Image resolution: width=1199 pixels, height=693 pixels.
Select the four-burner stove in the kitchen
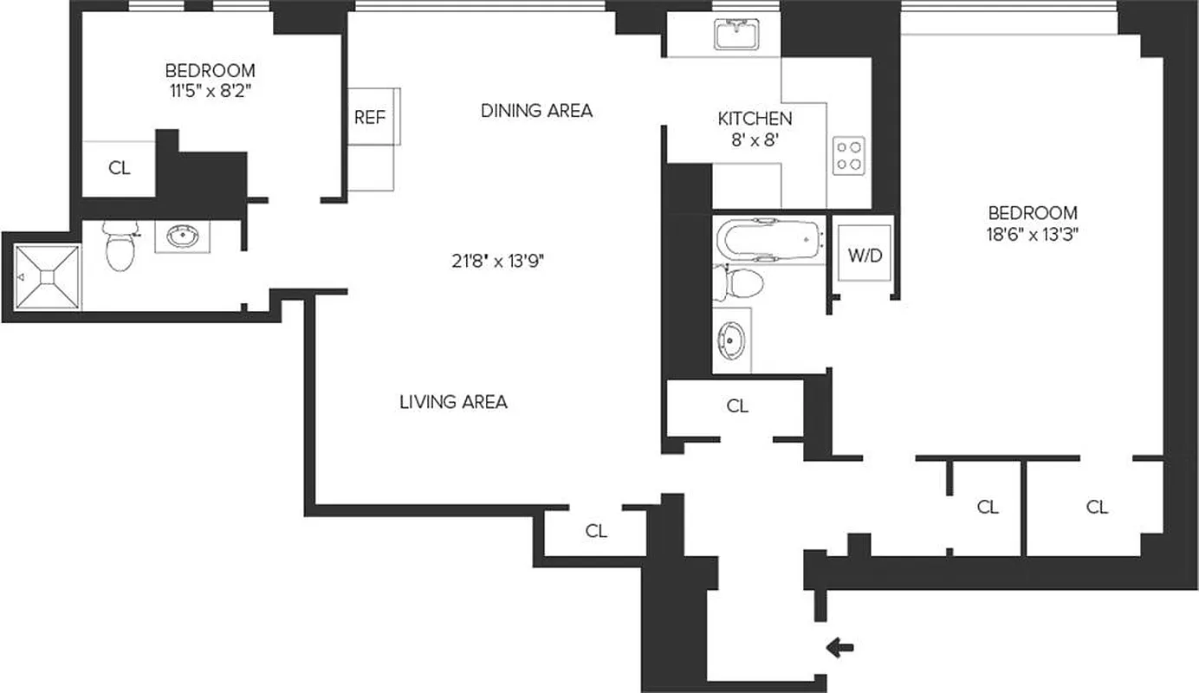point(848,155)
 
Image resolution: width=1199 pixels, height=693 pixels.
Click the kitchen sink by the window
point(737,36)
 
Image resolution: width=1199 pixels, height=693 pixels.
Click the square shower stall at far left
point(48,275)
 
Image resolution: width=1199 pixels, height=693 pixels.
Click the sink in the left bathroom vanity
point(182,236)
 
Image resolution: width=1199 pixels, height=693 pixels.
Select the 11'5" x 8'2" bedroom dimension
point(210,90)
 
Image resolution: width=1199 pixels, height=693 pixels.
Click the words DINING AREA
point(536,110)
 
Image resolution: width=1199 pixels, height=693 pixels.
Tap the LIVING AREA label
point(453,402)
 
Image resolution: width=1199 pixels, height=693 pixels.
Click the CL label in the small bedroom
point(120,168)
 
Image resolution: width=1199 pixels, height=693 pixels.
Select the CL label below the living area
point(596,531)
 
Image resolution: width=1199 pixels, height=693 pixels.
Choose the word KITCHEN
point(754,118)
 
